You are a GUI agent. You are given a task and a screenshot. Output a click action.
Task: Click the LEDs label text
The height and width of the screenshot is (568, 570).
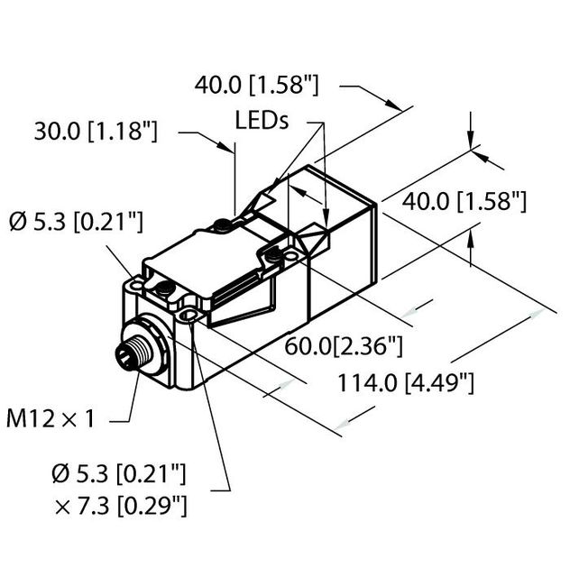(262, 120)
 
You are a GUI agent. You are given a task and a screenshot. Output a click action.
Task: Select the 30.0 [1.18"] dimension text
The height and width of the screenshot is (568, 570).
(96, 131)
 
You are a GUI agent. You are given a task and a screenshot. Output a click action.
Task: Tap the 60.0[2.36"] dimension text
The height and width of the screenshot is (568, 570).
(344, 346)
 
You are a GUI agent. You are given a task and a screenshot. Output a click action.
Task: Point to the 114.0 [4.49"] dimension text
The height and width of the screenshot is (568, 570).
(406, 382)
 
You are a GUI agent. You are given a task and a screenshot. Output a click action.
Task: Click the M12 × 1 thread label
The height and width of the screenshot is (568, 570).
(51, 418)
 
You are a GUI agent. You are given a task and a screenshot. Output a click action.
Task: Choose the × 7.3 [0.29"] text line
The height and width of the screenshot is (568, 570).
(121, 506)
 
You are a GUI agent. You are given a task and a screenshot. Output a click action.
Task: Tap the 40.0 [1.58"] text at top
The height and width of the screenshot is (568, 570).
(257, 86)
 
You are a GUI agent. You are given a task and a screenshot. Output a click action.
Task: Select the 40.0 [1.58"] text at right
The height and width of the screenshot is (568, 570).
(464, 201)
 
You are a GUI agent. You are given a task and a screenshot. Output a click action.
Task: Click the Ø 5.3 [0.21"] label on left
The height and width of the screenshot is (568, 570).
(76, 221)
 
